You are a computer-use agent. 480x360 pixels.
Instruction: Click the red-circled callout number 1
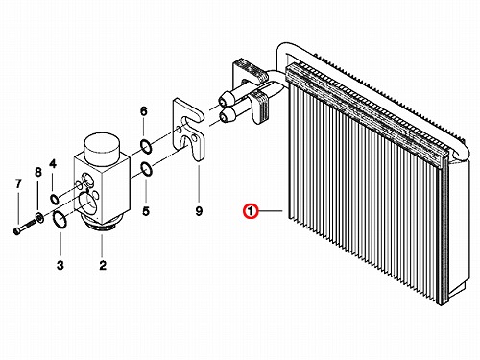coord(251,211)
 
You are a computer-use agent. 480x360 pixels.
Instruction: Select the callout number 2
coord(103,265)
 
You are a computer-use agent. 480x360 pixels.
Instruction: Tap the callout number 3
coord(60,265)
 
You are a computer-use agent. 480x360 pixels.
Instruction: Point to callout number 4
coord(53,164)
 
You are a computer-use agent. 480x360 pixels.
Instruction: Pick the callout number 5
coord(146,211)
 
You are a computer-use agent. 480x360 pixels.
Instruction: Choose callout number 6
coord(144,111)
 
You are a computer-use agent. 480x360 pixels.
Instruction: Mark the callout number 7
coord(18,183)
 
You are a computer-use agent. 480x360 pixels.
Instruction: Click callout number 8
coord(38,172)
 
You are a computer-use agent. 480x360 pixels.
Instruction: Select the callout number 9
coord(199,211)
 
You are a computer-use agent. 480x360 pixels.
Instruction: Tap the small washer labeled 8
coord(39,218)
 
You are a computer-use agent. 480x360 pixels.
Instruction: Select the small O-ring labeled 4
coord(54,199)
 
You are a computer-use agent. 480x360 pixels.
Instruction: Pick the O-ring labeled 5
coord(146,169)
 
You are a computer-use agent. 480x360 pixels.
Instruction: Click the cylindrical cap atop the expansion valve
coord(102,150)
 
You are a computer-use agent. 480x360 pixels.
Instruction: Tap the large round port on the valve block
coord(87,203)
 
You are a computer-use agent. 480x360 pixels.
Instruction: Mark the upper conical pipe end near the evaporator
coord(226,98)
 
